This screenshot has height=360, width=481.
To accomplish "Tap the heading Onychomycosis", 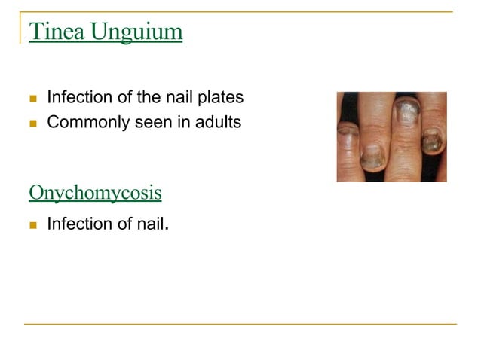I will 95,193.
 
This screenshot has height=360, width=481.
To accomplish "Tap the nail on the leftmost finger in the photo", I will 348,137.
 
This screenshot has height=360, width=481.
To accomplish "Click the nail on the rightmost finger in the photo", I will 432,140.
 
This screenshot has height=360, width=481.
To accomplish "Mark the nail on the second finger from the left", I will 372,155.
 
